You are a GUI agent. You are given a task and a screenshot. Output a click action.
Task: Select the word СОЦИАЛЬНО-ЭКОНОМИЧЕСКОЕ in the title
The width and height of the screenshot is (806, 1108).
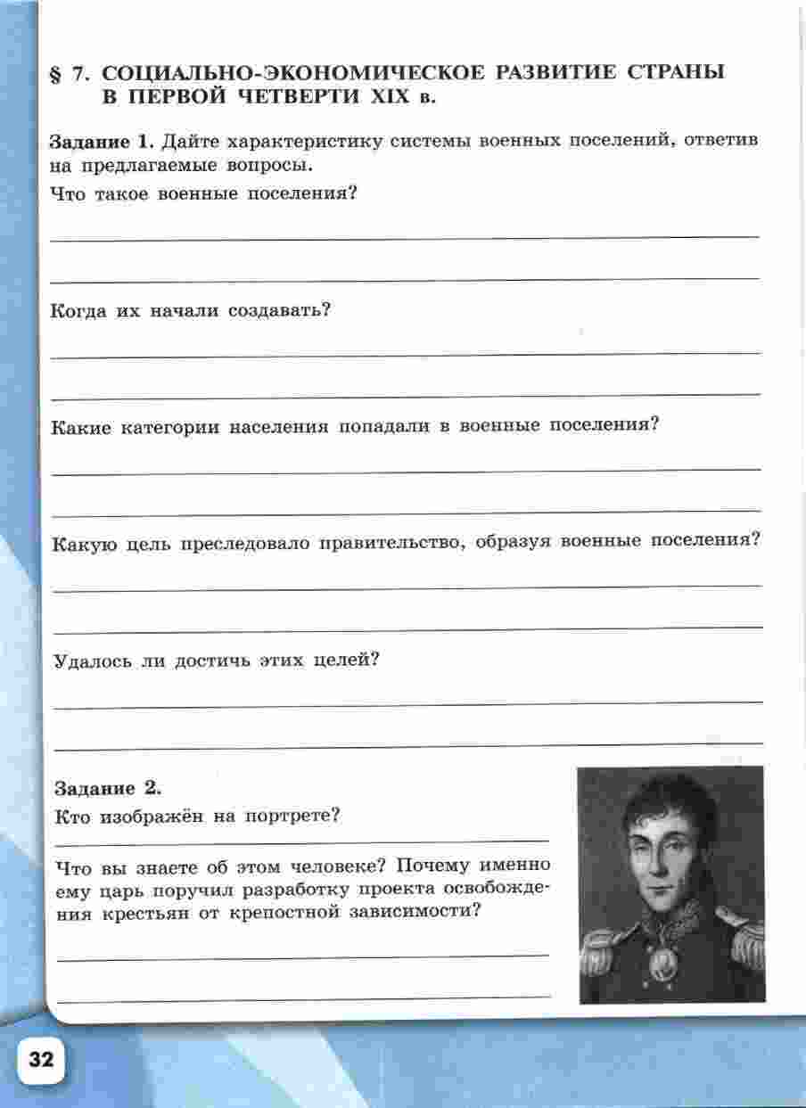286,73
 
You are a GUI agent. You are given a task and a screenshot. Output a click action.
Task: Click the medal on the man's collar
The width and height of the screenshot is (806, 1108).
662,963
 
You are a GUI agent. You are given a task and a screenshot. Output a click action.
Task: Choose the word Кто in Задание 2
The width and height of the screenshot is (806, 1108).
72,816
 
